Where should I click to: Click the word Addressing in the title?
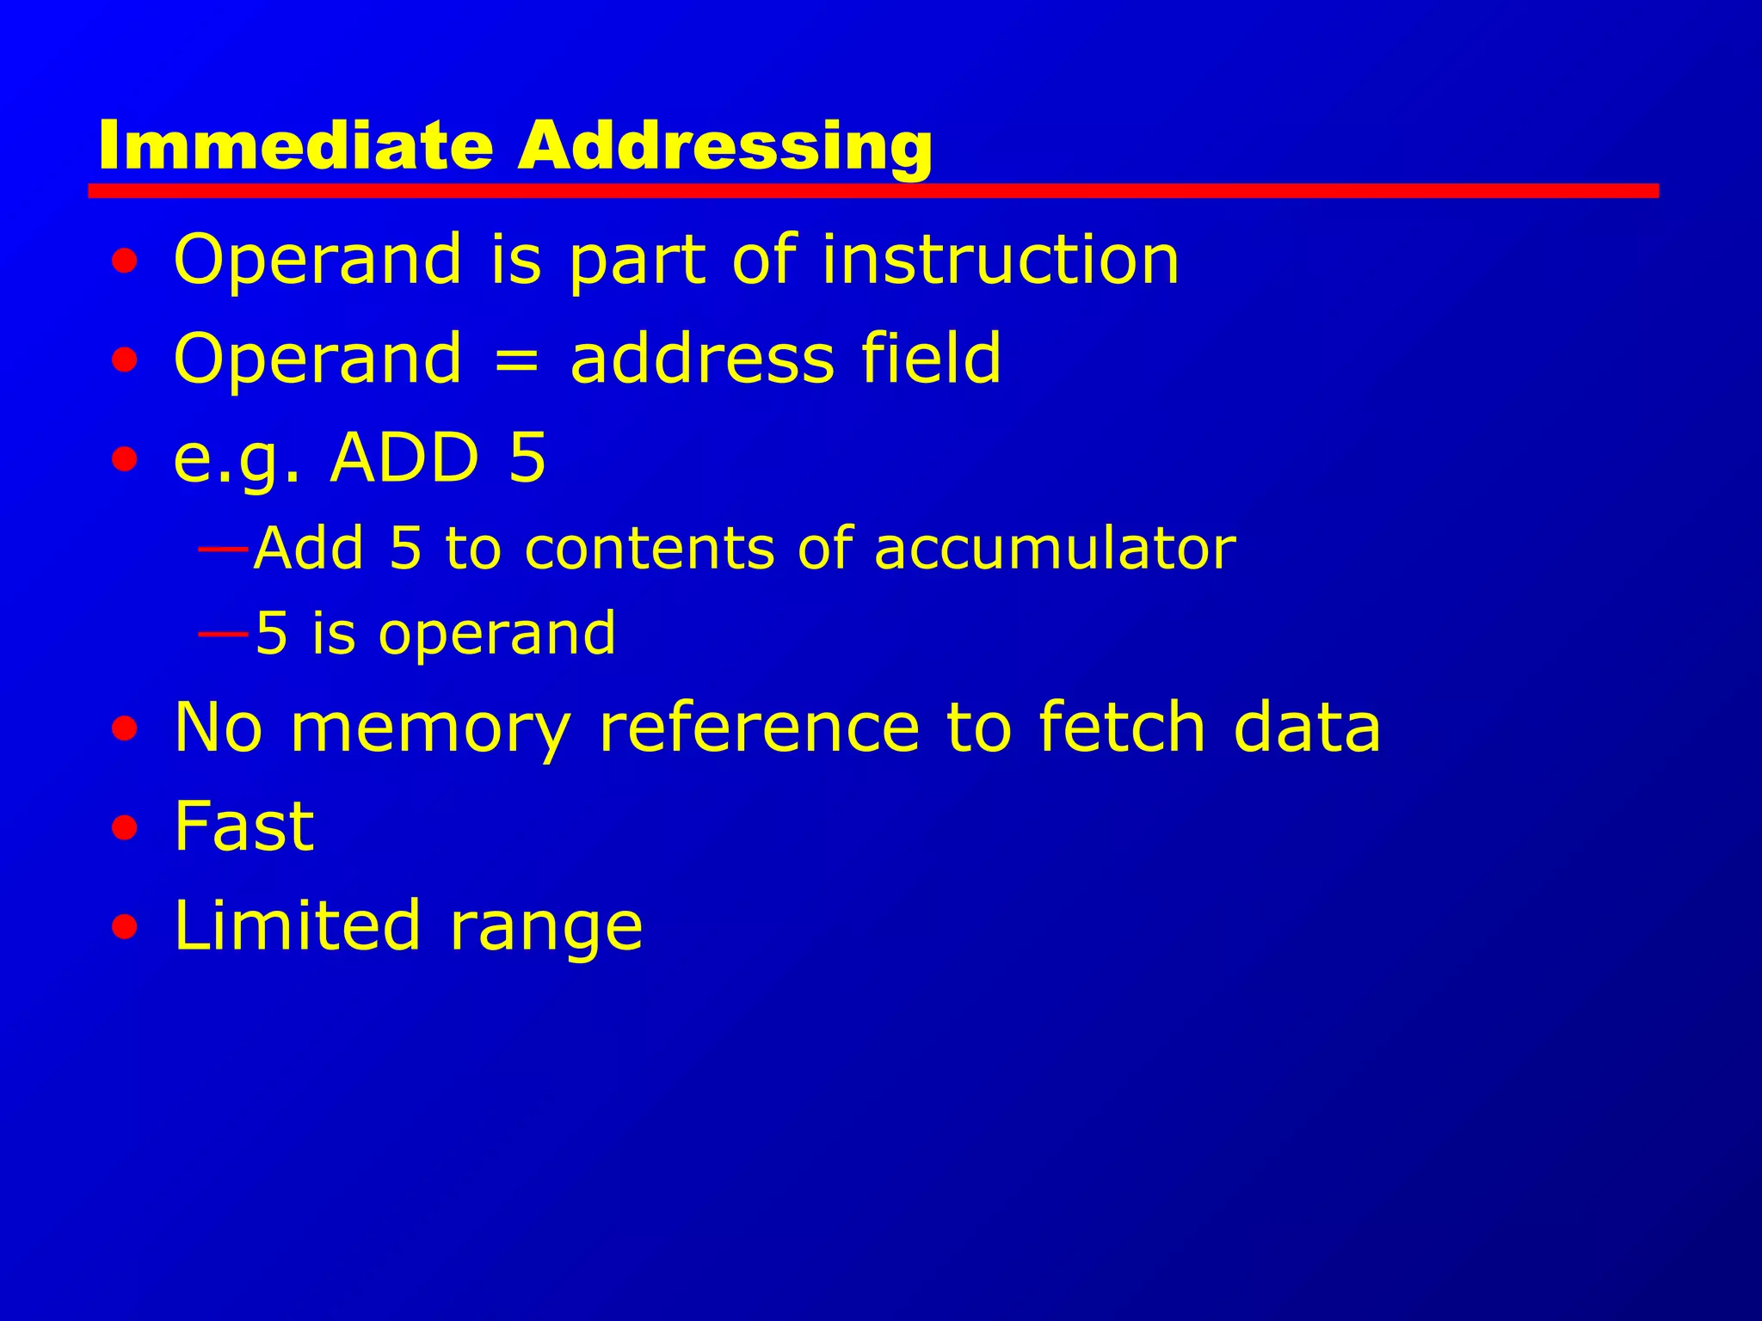coord(724,146)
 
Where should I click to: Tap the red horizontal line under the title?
coord(872,190)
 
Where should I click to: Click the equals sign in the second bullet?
coord(516,359)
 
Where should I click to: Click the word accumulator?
coord(1055,548)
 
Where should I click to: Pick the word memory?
coord(430,728)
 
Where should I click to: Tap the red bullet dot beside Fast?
coord(125,828)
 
